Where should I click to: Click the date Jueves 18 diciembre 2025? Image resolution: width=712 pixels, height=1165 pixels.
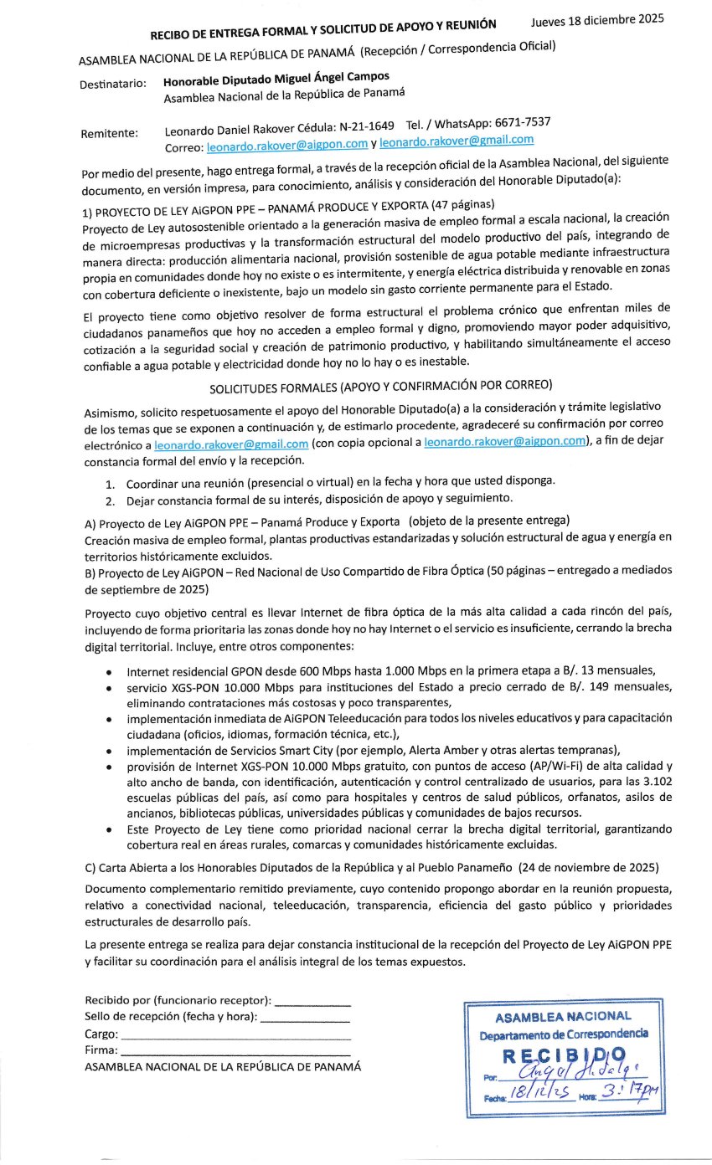tap(597, 20)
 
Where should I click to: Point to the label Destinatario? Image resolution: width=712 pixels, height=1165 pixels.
tap(113, 85)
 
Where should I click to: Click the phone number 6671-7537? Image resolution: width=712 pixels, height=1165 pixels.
tap(522, 122)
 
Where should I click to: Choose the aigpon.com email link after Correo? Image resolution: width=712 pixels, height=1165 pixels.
tap(287, 145)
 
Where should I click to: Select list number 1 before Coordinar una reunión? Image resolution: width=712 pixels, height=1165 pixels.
tap(110, 485)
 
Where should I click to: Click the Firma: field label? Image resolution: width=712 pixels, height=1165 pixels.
tap(101, 1050)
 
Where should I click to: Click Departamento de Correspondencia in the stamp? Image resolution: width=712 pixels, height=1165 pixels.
tap(564, 1034)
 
